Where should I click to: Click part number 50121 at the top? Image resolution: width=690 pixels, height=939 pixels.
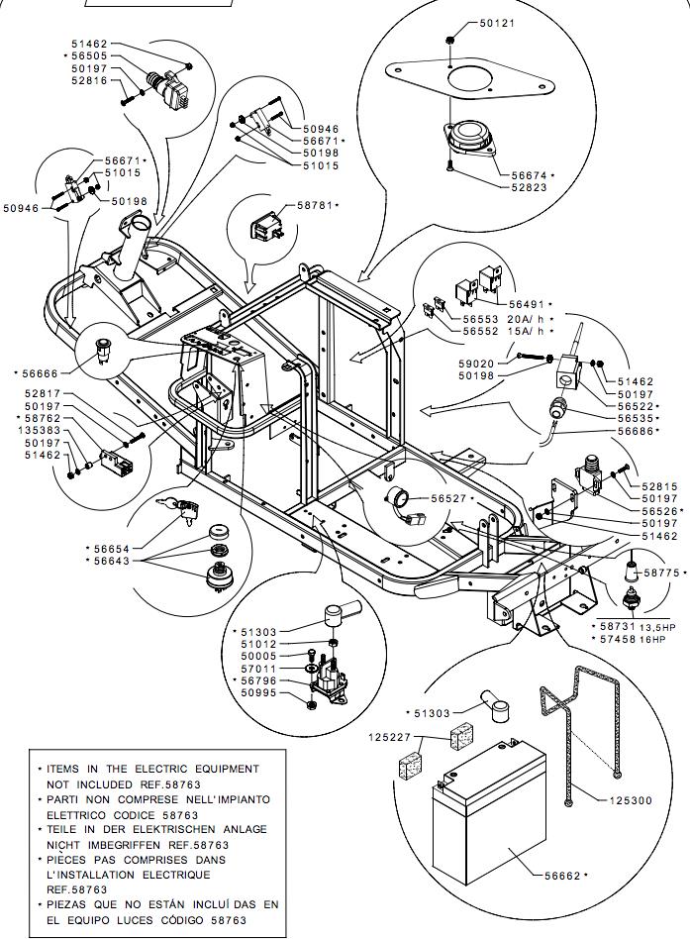tap(498, 23)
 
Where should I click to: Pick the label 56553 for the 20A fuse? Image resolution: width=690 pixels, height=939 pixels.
tap(483, 319)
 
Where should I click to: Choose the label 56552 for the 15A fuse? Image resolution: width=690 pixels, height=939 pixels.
tap(483, 331)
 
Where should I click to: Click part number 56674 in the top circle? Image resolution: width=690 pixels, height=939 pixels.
tap(531, 175)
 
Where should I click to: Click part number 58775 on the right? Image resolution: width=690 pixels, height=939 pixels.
tap(662, 573)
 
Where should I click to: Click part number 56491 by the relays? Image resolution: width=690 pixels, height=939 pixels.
tap(528, 304)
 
